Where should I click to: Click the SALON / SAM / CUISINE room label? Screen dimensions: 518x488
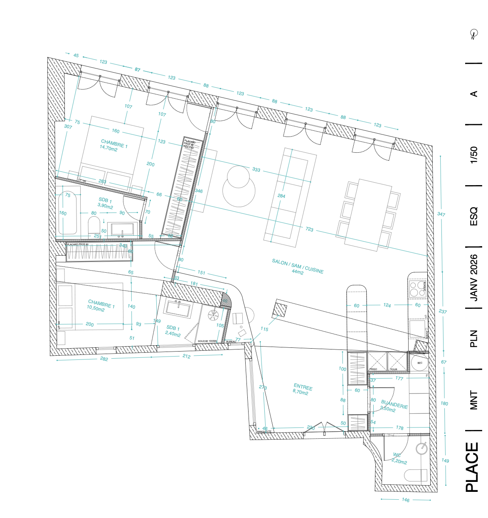(298, 266)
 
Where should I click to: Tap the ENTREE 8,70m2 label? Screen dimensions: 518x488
(302, 389)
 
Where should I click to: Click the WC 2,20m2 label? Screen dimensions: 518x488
(399, 458)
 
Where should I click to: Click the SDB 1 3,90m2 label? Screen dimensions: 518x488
(105, 203)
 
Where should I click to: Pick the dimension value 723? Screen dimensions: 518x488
(309, 229)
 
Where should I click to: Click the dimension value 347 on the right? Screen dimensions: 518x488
(441, 214)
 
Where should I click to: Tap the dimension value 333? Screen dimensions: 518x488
(256, 169)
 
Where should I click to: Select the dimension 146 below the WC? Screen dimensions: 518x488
(406, 500)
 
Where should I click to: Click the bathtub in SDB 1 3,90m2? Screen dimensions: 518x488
(67, 213)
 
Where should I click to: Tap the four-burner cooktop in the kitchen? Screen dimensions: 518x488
(417, 288)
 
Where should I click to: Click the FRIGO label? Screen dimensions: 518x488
(373, 369)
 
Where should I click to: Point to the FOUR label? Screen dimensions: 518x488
(394, 369)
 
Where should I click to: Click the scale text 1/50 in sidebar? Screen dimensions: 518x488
(474, 155)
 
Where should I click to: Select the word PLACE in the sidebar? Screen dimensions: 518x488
(473, 467)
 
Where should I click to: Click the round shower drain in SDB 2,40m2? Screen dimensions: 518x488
(213, 315)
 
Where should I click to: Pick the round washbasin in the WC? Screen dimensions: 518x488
(422, 448)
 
